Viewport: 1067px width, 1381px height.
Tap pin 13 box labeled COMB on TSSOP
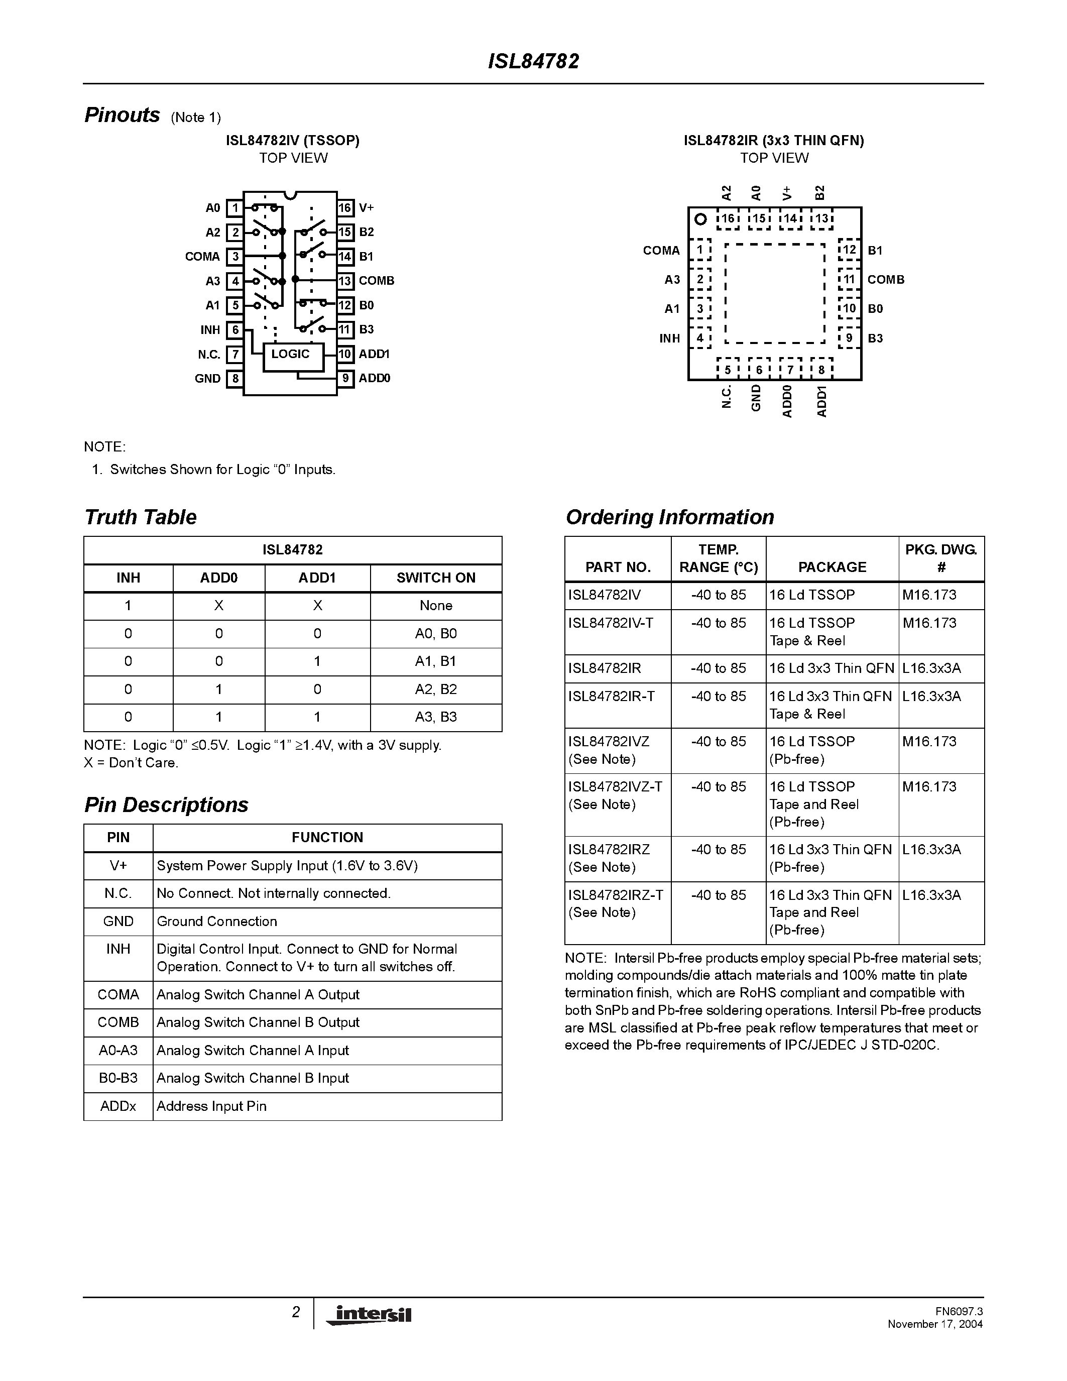pos(344,281)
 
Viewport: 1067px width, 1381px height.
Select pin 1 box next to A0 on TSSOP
pos(234,208)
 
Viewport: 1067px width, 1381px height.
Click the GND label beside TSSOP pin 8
pos(207,379)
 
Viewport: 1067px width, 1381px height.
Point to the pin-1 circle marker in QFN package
pos(700,219)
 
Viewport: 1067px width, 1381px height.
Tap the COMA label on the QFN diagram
pos(661,251)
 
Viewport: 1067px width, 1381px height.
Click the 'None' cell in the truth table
pos(435,606)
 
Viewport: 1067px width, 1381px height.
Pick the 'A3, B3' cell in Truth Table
pos(435,717)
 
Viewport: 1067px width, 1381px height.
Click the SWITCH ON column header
pos(435,578)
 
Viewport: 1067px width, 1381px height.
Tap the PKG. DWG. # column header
pos(940,558)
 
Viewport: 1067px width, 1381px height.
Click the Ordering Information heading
pos(669,517)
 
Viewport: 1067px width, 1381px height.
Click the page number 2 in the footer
pos(296,1313)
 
